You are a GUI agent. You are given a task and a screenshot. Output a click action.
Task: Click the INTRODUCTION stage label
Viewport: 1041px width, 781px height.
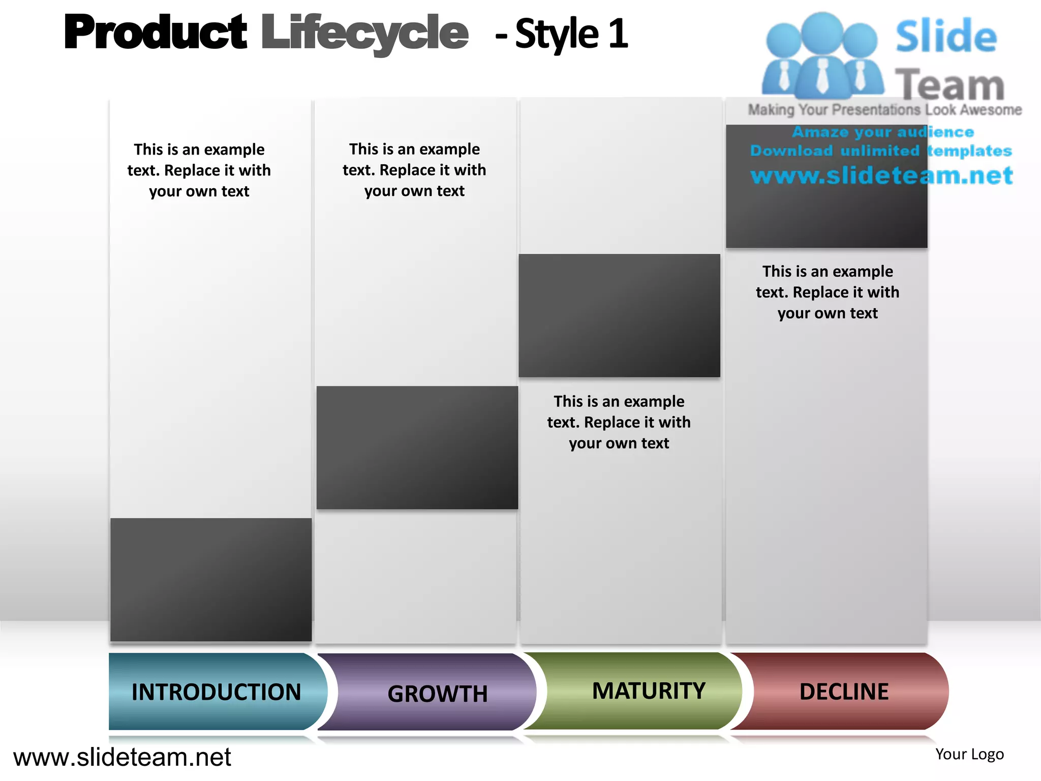[216, 692]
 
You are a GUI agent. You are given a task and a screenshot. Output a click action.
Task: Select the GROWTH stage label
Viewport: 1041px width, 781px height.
[437, 694]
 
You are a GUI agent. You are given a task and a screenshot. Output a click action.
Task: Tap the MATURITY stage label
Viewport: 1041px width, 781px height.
[649, 691]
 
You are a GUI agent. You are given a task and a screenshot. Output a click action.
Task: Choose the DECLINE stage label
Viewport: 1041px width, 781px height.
[844, 692]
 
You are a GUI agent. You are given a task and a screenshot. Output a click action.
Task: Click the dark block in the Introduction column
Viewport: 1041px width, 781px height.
[211, 580]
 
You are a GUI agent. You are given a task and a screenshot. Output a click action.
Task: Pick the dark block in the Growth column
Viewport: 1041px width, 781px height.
[417, 447]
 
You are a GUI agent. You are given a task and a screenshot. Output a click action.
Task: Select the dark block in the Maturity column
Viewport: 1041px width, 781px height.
[619, 315]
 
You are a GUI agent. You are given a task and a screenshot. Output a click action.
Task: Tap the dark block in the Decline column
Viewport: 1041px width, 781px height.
[826, 214]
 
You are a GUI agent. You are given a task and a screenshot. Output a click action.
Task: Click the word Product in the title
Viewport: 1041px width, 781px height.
[156, 33]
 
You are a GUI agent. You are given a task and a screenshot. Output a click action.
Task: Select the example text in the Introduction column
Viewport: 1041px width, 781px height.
[199, 170]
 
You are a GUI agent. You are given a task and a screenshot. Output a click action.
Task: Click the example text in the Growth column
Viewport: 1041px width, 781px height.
[414, 170]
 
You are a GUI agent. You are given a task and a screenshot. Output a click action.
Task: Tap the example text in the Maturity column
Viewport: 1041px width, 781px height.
[619, 422]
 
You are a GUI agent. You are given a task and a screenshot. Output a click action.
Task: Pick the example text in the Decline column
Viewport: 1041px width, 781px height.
[828, 292]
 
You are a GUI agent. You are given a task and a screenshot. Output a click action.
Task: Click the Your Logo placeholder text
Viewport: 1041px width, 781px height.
[969, 754]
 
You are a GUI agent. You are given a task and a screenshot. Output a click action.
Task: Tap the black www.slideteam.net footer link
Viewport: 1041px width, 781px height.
[122, 757]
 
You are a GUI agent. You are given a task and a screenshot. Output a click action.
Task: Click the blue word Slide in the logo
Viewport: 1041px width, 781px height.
[946, 37]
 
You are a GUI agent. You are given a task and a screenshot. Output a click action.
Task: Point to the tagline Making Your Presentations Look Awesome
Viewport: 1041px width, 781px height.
[884, 110]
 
